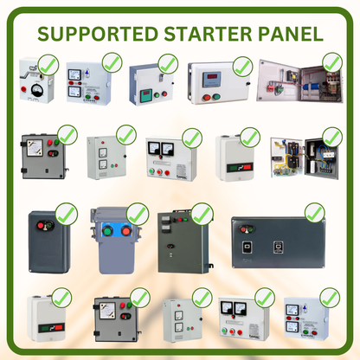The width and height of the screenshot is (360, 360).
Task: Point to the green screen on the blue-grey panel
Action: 148,93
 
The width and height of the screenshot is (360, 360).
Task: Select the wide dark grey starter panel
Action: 278,241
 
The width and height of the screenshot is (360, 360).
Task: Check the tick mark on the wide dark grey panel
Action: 314,213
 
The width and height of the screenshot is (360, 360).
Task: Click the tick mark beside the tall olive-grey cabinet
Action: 202,213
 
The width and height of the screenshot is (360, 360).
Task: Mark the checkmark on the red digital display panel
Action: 242,66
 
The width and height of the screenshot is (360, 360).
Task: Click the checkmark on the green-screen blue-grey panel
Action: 168,63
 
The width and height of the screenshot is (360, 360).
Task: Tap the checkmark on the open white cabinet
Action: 331,62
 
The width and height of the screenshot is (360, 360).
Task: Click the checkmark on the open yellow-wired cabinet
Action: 330,137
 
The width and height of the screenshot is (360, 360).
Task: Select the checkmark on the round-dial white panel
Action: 48,64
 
